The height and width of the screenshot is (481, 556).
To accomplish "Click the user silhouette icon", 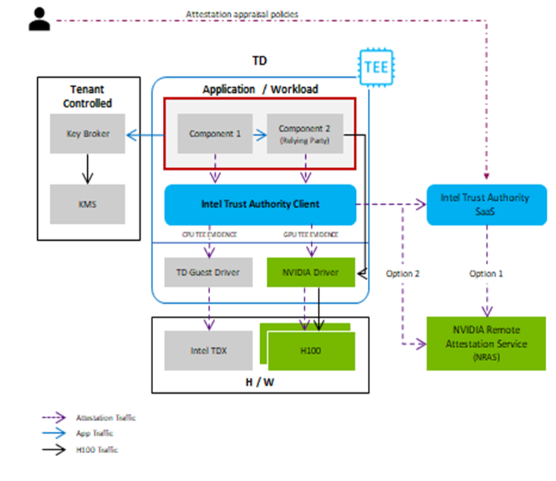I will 40,19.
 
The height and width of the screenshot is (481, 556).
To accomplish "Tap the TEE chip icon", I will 375,68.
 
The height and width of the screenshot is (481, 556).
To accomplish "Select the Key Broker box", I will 87,133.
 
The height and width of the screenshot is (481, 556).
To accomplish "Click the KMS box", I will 87,204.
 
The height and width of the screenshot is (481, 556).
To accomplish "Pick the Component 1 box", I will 215,133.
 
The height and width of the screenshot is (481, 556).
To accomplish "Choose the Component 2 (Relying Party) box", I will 304,133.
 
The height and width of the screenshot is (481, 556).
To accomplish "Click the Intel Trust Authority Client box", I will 260,204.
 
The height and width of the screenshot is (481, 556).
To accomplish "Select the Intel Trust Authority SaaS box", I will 485,204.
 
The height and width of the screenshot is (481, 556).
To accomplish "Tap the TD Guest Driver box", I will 209,272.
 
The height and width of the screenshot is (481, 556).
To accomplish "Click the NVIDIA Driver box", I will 312,272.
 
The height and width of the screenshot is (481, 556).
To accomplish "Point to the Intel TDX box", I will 209,350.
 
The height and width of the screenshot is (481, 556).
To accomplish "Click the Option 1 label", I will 486,274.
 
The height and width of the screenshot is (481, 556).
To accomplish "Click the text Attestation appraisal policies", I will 242,14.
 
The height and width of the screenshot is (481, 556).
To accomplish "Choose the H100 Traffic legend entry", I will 96,450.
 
